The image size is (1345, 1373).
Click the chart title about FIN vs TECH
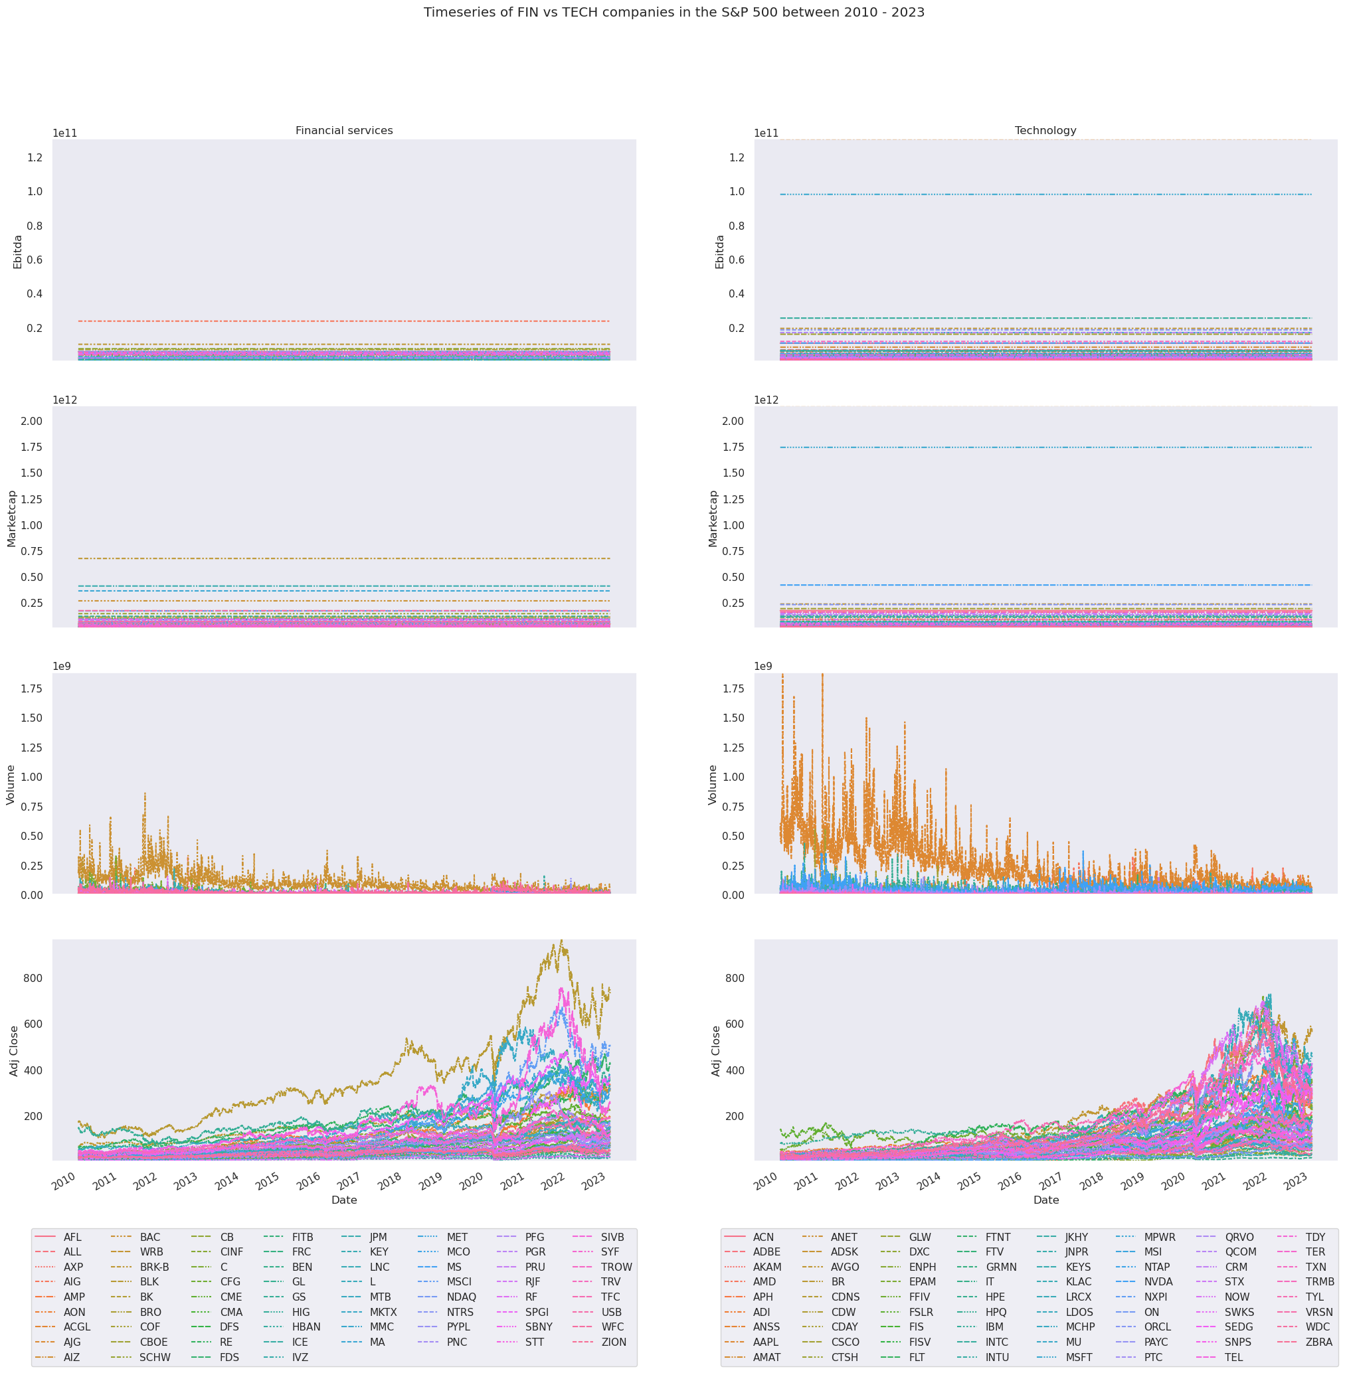(x=673, y=12)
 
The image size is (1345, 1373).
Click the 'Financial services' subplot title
(x=344, y=131)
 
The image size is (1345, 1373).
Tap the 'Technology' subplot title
(x=1045, y=131)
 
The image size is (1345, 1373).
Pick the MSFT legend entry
(x=1079, y=1357)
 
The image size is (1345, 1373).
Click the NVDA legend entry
(x=1158, y=1281)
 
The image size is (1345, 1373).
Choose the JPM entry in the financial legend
(x=378, y=1237)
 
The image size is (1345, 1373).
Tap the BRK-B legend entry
(x=154, y=1267)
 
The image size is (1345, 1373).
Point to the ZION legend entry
(x=613, y=1341)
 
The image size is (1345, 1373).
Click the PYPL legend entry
(x=458, y=1327)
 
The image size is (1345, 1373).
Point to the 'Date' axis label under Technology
(x=1045, y=1199)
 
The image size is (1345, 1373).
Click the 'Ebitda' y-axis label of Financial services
(x=19, y=252)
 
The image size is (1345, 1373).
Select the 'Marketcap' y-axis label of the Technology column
(x=713, y=519)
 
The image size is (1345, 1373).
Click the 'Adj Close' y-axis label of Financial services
(x=14, y=1051)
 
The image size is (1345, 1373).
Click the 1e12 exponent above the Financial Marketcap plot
(x=64, y=400)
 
